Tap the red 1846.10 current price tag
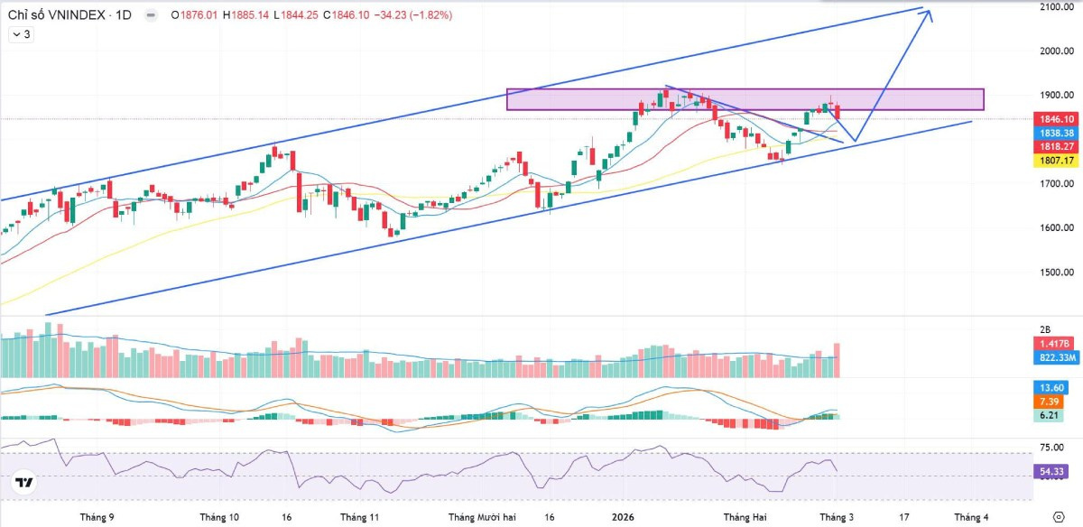1056,119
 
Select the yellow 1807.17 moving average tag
1056,161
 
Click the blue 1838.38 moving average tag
1056,133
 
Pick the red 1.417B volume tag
1056,344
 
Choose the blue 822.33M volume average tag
1056,357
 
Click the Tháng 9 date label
97,517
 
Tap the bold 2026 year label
623,517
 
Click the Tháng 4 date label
971,517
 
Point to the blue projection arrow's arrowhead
928,14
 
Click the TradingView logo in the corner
24,484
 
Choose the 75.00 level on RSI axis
1051,447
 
